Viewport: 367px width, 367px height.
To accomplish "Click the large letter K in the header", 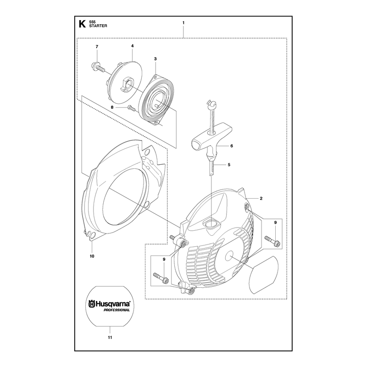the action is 82,24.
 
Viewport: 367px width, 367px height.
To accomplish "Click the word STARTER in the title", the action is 98,26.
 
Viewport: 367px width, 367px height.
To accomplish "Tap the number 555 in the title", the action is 92,22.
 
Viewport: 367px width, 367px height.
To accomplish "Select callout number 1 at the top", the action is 183,22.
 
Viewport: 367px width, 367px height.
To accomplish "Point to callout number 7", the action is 97,47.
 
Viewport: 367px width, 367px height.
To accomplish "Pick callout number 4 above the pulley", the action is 133,46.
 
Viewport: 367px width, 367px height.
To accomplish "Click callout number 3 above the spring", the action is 156,59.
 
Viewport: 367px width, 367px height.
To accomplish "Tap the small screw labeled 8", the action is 132,108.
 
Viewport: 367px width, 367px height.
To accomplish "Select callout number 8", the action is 112,107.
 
